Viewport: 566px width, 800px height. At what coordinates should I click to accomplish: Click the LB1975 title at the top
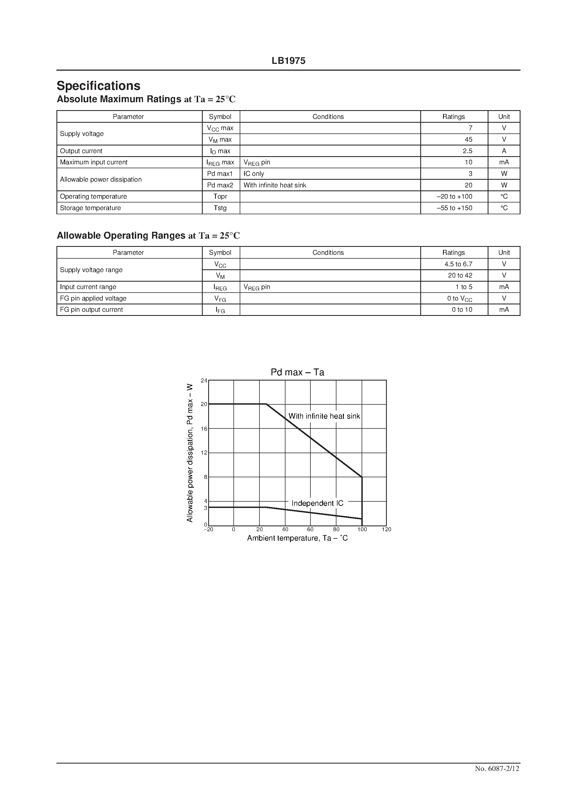(288, 61)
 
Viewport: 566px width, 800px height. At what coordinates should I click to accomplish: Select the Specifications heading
(98, 86)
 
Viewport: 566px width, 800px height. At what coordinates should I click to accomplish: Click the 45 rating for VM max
(468, 139)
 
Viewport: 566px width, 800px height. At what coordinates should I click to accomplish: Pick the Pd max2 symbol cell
(220, 185)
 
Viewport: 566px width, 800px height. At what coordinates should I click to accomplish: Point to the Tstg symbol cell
(220, 208)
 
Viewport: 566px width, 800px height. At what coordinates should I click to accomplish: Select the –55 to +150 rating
(454, 208)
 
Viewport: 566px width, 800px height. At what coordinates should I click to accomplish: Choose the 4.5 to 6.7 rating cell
(458, 264)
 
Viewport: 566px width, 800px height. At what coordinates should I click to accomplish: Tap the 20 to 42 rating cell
(460, 275)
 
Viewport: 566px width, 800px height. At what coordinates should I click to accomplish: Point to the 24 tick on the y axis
(204, 381)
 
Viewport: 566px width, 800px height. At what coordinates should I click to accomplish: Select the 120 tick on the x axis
(387, 529)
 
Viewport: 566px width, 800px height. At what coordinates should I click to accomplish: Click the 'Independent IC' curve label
(317, 503)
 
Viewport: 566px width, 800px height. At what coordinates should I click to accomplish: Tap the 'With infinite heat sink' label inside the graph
(324, 416)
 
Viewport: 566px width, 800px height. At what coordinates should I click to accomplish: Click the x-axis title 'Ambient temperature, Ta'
(297, 538)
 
